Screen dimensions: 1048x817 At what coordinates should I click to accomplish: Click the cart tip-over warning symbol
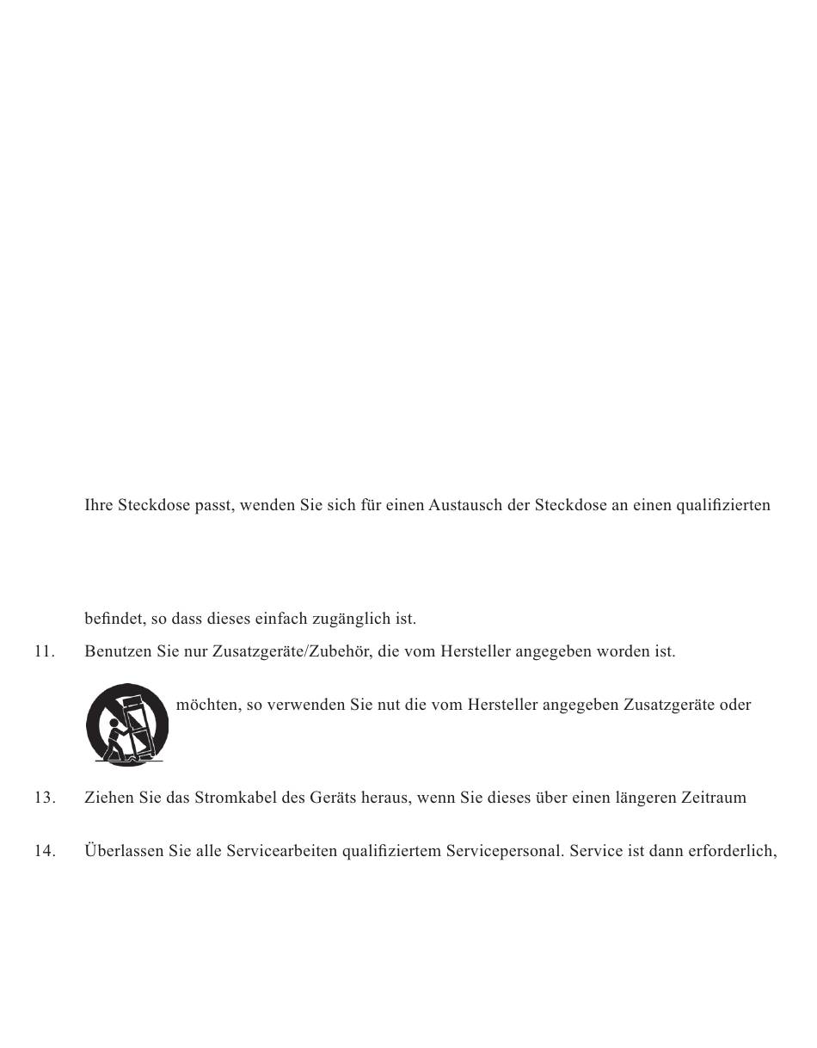127,724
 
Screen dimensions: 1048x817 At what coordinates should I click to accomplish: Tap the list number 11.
45,651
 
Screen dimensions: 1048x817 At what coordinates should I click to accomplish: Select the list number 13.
45,798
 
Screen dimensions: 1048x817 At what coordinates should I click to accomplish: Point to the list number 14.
45,851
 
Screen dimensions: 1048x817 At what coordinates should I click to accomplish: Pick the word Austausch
466,505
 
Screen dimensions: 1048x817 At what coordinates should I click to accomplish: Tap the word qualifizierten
723,505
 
